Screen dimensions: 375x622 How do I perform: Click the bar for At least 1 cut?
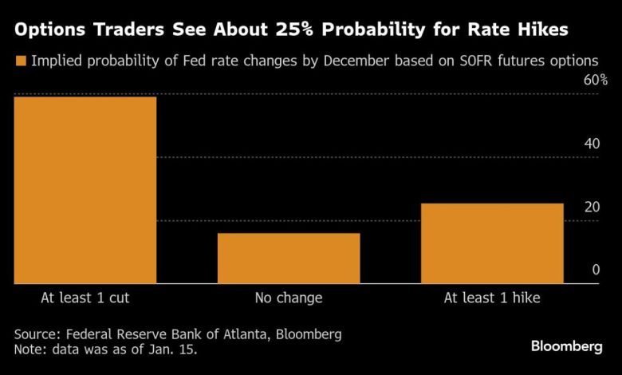point(85,190)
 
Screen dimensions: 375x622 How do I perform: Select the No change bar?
point(289,258)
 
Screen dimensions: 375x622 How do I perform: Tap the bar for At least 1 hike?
point(492,243)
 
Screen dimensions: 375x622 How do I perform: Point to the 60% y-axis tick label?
point(596,81)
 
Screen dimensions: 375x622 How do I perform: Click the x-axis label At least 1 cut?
point(85,298)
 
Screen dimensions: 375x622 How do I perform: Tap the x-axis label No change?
point(289,298)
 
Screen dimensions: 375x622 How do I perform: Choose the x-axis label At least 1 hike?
point(492,298)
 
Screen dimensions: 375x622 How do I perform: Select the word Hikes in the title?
point(542,31)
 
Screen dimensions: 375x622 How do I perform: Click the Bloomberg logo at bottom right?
point(567,345)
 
